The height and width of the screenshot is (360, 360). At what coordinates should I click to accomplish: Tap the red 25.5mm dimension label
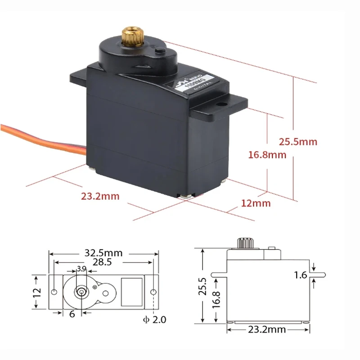(297, 142)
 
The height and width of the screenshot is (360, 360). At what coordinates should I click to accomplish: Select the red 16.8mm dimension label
(267, 155)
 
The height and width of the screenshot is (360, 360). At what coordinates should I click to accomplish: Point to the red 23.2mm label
(100, 196)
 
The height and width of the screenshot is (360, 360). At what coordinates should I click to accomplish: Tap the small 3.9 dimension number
(81, 269)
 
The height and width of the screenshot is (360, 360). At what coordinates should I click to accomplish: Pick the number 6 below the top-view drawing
(72, 315)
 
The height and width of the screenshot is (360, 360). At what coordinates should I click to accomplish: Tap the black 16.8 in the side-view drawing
(216, 300)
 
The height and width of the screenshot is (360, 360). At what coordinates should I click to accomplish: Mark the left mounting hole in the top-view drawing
(54, 292)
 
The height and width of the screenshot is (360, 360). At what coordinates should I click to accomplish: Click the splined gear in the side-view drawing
(245, 243)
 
